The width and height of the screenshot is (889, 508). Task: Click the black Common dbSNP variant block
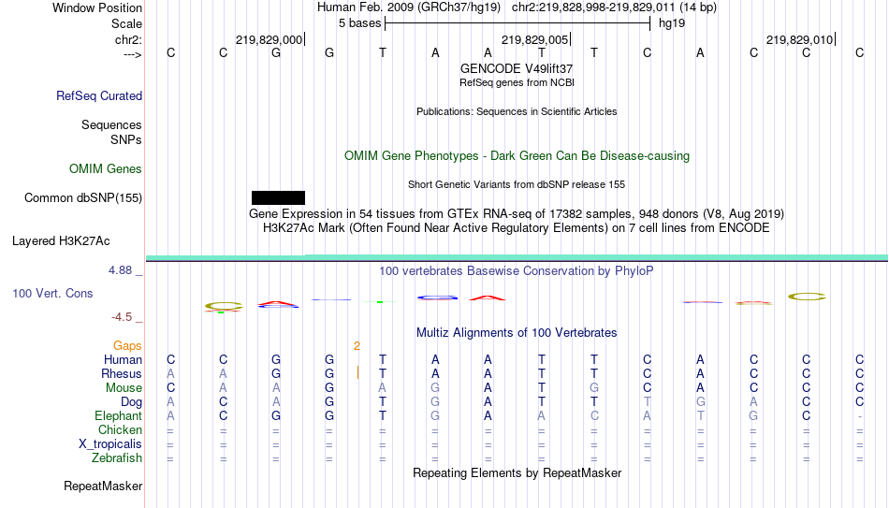tap(278, 198)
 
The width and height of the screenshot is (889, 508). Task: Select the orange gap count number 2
tap(357, 346)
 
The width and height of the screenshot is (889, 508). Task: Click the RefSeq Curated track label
tap(99, 95)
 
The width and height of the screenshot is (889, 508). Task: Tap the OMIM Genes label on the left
tap(106, 169)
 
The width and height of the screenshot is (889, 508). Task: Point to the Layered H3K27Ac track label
tap(61, 241)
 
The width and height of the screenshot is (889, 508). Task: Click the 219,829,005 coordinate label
tap(534, 39)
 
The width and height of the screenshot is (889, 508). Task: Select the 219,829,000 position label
tap(269, 39)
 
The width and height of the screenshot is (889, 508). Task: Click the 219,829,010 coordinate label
tap(799, 39)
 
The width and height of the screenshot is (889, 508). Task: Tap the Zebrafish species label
tap(117, 458)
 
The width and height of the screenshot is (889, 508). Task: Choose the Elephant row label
tap(119, 416)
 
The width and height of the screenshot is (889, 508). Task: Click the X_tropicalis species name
tap(110, 444)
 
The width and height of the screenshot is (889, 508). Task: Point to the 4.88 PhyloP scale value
tap(120, 270)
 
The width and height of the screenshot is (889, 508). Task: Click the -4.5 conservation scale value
tap(122, 317)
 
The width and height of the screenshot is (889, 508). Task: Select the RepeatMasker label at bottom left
tap(103, 486)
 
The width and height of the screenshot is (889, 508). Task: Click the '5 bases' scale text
tap(360, 23)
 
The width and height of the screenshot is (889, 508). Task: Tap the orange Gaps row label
tap(127, 346)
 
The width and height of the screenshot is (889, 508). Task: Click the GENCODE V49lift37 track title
tap(517, 68)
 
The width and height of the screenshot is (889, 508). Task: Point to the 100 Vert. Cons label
tap(52, 293)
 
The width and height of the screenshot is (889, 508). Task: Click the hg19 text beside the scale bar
tap(672, 23)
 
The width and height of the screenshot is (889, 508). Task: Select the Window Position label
tap(97, 7)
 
